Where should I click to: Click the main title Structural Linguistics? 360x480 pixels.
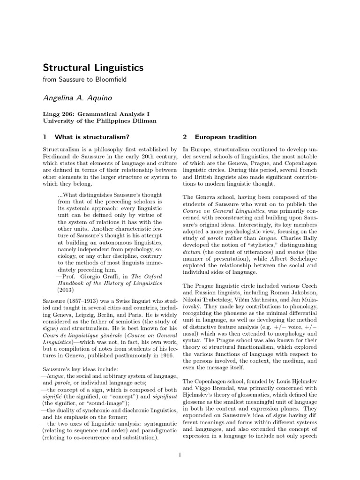[x=93, y=67]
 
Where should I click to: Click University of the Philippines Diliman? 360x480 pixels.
[x=99, y=121]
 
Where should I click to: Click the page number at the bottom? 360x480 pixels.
[x=180, y=454]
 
